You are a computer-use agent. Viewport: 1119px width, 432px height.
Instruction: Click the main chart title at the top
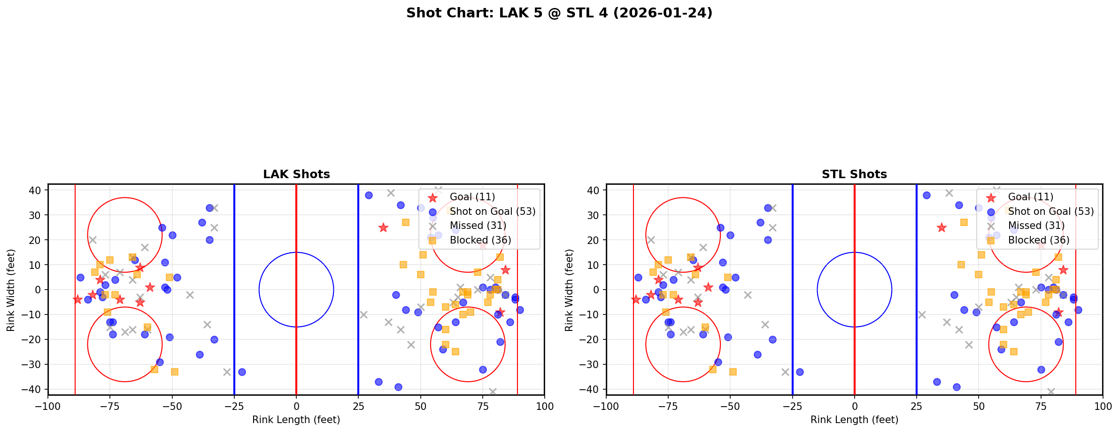click(x=559, y=13)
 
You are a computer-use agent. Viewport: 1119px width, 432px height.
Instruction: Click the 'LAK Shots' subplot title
click(x=296, y=174)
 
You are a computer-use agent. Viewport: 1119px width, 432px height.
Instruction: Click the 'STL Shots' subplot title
click(x=854, y=174)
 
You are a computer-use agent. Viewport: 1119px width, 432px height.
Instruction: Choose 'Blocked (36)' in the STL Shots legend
click(x=1039, y=240)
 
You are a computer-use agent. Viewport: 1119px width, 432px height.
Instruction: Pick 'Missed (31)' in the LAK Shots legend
click(x=478, y=226)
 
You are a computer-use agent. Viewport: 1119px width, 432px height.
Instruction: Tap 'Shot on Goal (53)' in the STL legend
click(x=1051, y=212)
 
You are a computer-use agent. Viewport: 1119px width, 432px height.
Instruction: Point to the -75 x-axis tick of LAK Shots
click(x=110, y=406)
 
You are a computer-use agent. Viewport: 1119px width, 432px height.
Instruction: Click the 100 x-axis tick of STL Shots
click(x=1102, y=406)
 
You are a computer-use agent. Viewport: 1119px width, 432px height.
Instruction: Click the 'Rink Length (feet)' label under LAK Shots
click(x=296, y=420)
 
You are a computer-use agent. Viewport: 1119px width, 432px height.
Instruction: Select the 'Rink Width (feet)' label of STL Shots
click(x=569, y=290)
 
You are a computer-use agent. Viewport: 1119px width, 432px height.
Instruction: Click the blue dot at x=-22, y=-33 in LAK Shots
click(x=242, y=372)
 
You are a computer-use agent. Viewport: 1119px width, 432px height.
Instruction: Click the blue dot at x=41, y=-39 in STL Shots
click(x=956, y=387)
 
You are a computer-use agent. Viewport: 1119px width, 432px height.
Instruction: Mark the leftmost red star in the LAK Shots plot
click(x=77, y=299)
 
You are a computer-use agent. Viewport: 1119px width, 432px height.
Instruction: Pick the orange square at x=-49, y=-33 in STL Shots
click(x=733, y=372)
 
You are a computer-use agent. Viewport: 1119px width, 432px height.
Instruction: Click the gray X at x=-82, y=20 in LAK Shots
click(x=93, y=240)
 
